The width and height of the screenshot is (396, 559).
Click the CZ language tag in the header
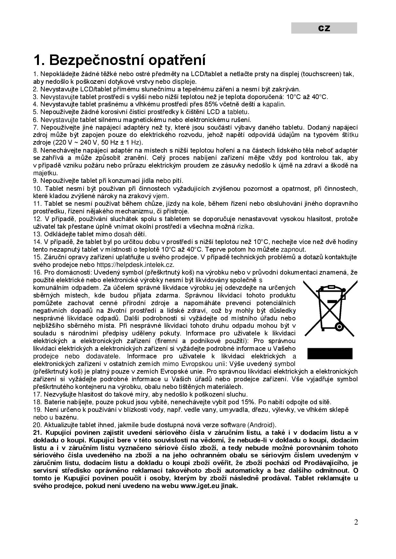[x=324, y=28]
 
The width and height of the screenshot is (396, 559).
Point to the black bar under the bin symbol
[x=330, y=354]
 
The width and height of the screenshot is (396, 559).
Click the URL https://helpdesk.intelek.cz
[x=135, y=265]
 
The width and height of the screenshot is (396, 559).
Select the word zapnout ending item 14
[x=293, y=249]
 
